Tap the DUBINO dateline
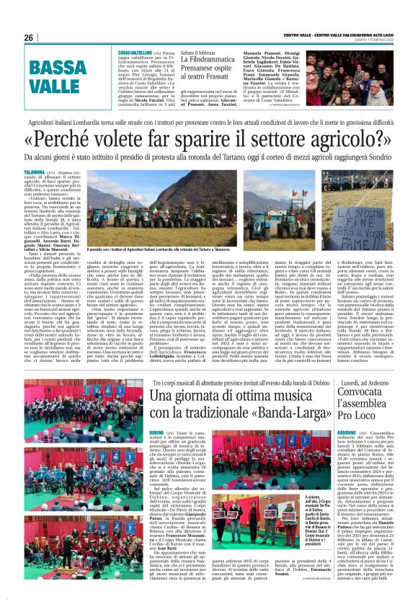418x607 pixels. pos(156,432)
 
